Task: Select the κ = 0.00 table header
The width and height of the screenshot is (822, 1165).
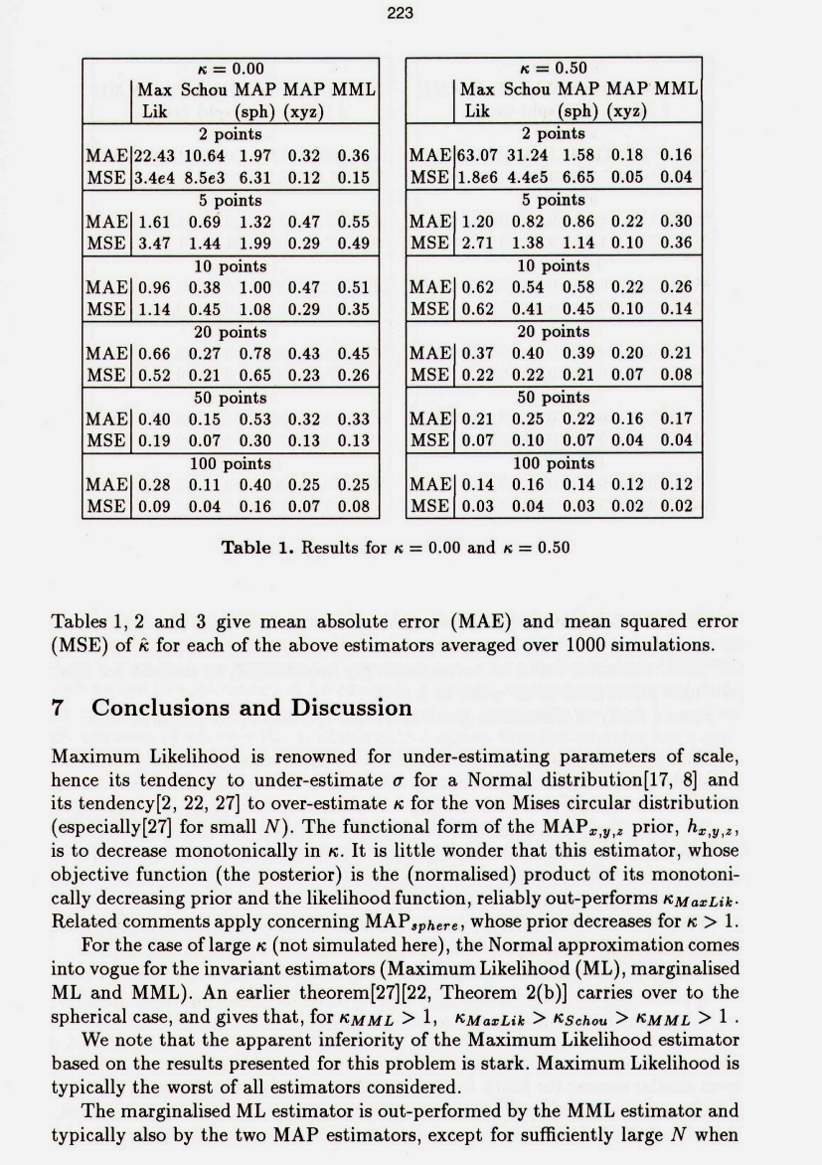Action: pyautogui.click(x=230, y=69)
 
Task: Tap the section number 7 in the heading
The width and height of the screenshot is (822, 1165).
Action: pyautogui.click(x=58, y=709)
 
